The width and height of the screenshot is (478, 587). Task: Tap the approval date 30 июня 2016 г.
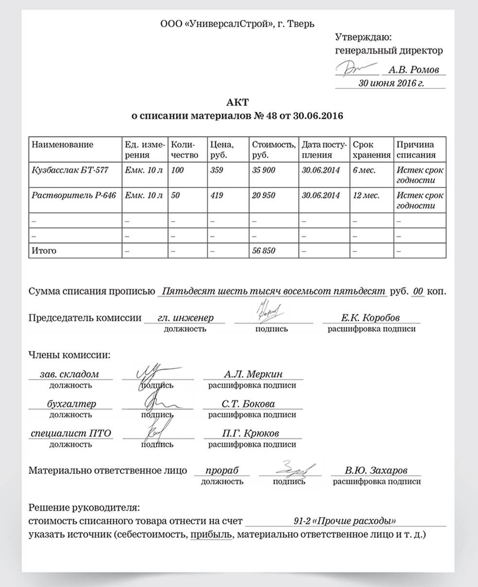(390, 83)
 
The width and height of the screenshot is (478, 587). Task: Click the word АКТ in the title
(237, 102)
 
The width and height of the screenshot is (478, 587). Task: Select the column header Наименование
(62, 145)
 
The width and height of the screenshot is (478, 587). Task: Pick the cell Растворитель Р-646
(73, 195)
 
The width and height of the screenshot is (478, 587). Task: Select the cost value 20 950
(263, 195)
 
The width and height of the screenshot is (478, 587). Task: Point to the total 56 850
(263, 251)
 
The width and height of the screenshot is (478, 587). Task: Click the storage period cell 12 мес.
(366, 195)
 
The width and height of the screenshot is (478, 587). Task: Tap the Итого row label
(44, 251)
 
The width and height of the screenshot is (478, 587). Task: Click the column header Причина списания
(415, 150)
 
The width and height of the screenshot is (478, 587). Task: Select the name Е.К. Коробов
(371, 318)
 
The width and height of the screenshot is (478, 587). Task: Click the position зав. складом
(69, 374)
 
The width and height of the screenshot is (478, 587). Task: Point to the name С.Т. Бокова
(248, 404)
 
